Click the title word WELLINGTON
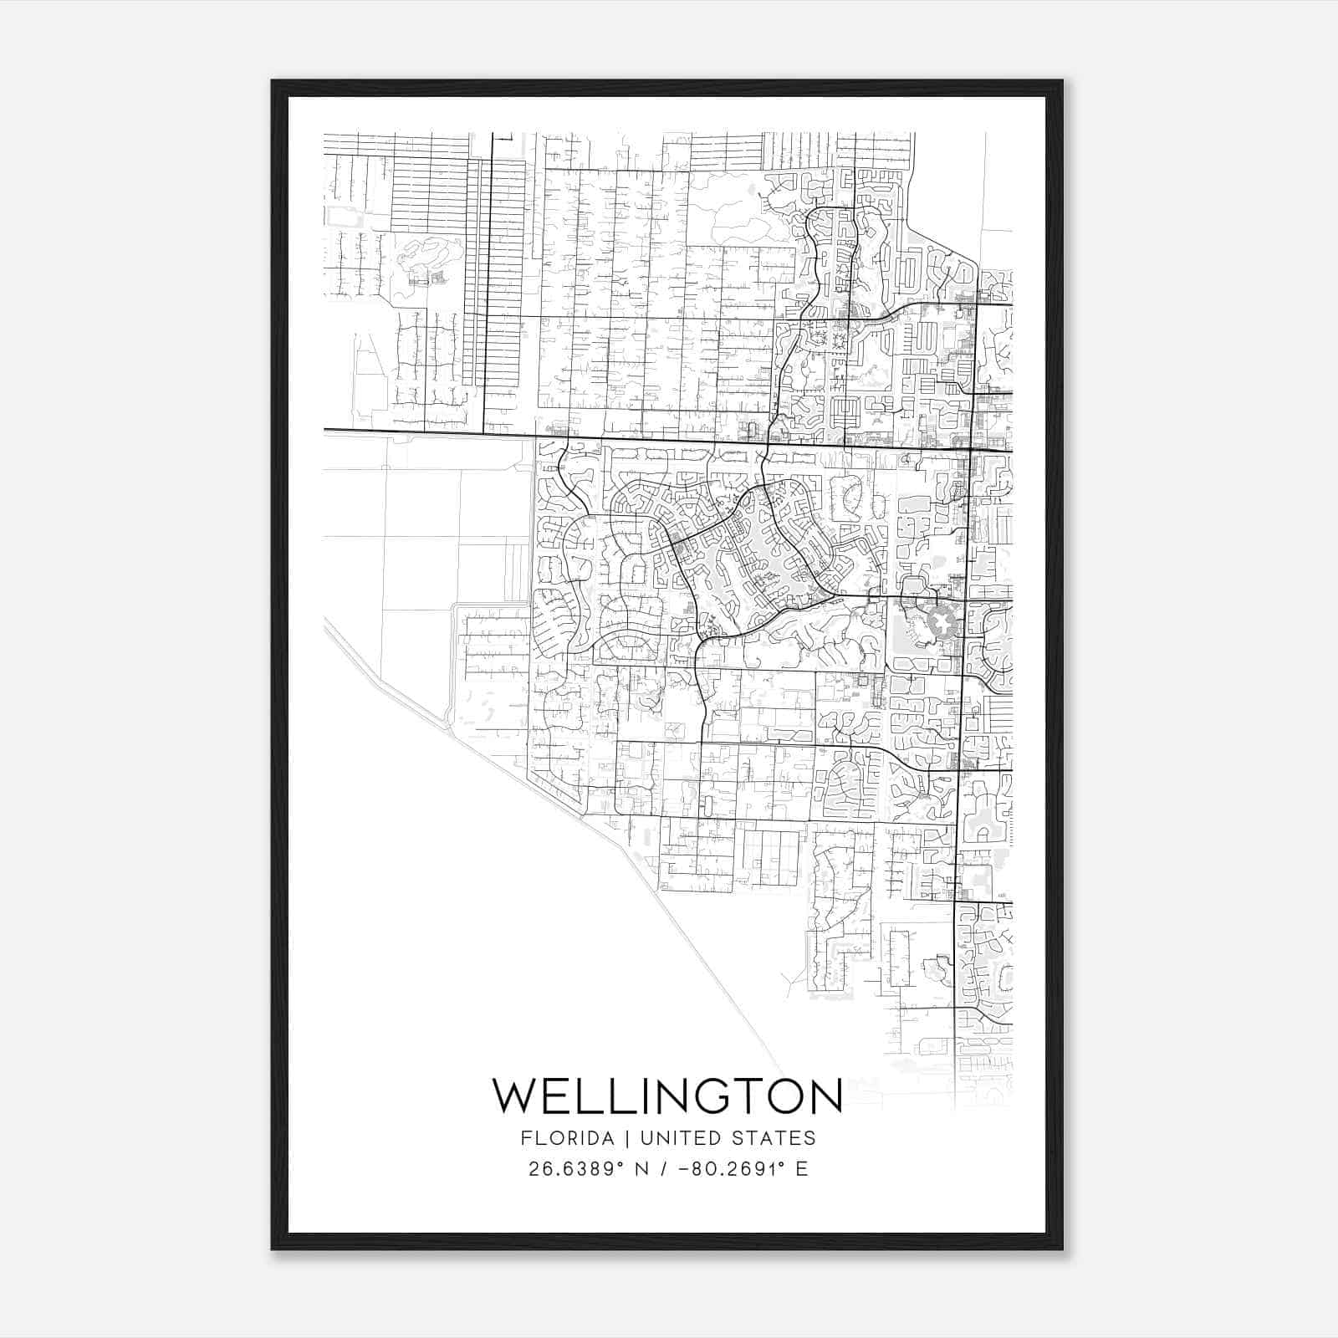[667, 1095]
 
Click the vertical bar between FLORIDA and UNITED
[615, 1138]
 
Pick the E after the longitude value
[802, 1169]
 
